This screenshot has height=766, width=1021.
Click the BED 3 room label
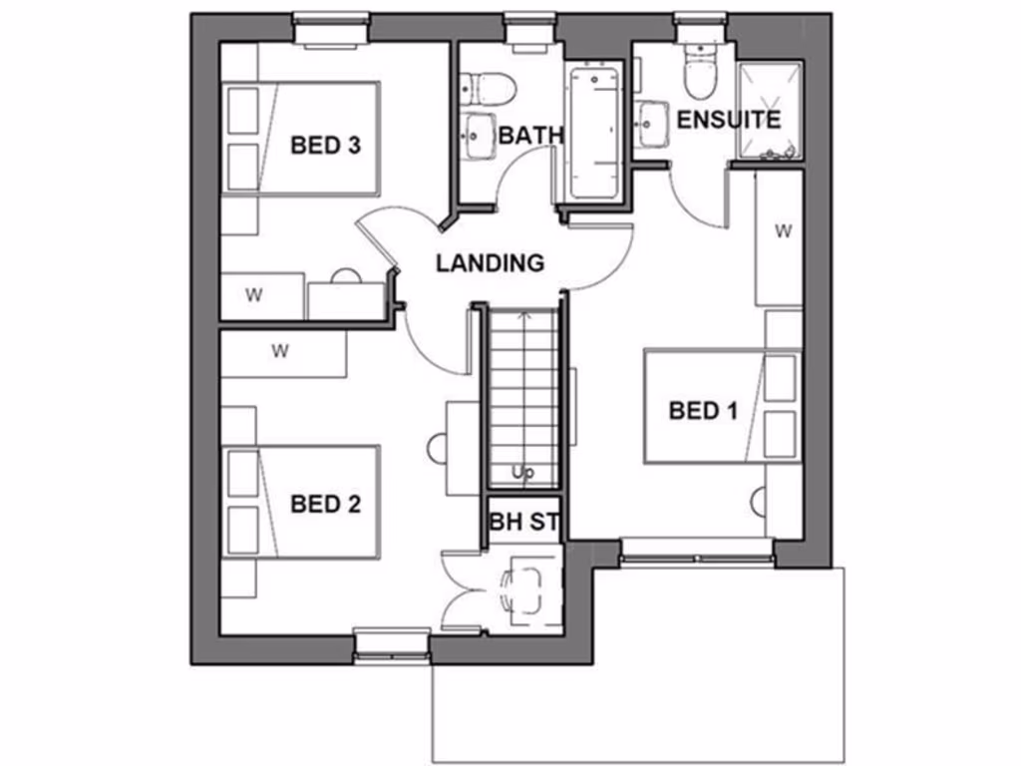point(324,146)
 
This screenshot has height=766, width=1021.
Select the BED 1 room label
point(703,410)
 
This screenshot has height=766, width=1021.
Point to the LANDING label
point(491,263)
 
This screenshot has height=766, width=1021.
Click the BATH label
point(531,135)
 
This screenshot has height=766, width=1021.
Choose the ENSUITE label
point(728,120)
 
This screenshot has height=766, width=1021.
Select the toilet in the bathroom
point(491,88)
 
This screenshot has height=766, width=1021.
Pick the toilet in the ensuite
point(700,72)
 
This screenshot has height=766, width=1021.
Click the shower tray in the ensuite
point(769,111)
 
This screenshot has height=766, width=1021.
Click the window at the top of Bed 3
point(332,28)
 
